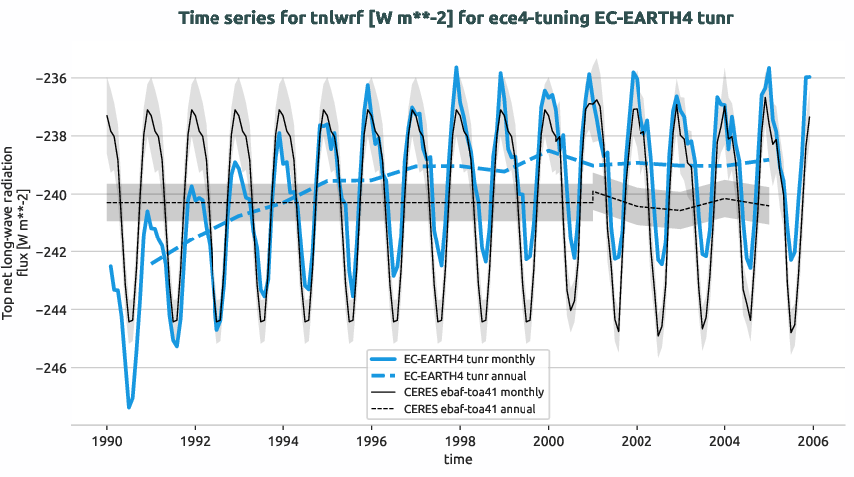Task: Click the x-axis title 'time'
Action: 459,460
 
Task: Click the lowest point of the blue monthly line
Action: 129,407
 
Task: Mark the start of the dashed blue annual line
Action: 151,264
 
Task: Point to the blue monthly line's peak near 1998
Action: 456,68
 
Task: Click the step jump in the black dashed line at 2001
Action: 593,197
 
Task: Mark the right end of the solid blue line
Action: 810,77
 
